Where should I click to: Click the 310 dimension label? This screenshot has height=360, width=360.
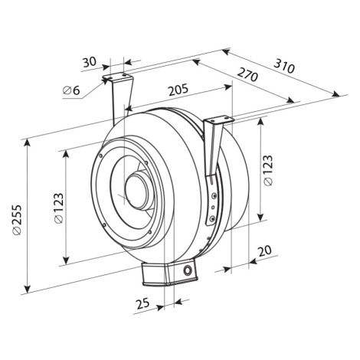coord(284,66)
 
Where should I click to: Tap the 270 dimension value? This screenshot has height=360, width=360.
coord(247,74)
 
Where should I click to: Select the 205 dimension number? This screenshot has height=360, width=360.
coord(178,89)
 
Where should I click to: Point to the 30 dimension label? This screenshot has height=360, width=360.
coord(90,62)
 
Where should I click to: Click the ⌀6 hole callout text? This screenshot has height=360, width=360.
coord(71,90)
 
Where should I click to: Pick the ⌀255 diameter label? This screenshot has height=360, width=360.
coord(18,220)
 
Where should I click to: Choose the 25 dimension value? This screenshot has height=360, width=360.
coord(142,303)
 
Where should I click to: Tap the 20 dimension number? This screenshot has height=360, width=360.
coord(265,251)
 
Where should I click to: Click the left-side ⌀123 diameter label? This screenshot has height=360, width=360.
coord(58,208)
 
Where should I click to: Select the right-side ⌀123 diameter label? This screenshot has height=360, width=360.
coord(268,170)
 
